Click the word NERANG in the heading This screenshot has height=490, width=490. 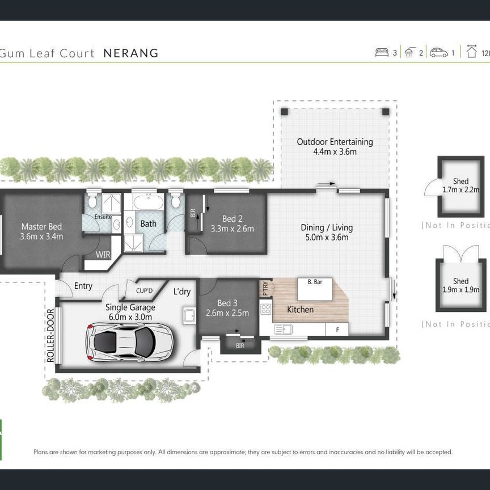tap(131, 53)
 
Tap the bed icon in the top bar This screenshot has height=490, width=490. tap(382, 53)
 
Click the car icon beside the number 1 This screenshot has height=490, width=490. tap(438, 53)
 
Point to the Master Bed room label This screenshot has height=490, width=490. tap(41, 226)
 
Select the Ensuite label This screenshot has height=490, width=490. tap(103, 217)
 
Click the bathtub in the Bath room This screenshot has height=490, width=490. tap(148, 202)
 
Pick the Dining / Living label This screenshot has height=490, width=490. tap(327, 227)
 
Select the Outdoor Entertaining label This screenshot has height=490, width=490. tap(335, 142)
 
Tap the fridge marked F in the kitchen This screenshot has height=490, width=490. tap(337, 329)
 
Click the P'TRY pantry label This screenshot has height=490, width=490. tap(264, 289)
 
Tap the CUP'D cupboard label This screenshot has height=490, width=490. tap(145, 291)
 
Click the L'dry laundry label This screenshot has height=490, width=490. tap(182, 292)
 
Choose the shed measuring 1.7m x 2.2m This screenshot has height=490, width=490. tap(461, 186)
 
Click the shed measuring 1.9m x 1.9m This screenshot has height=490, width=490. tap(461, 285)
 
